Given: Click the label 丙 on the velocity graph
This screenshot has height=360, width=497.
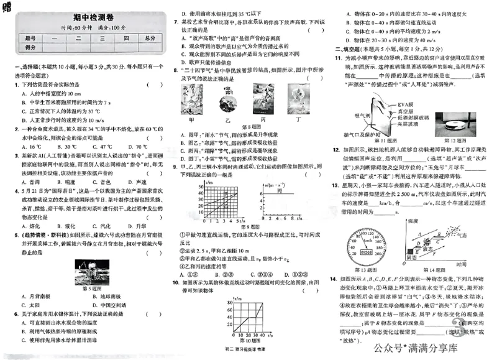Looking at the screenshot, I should [280, 193].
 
